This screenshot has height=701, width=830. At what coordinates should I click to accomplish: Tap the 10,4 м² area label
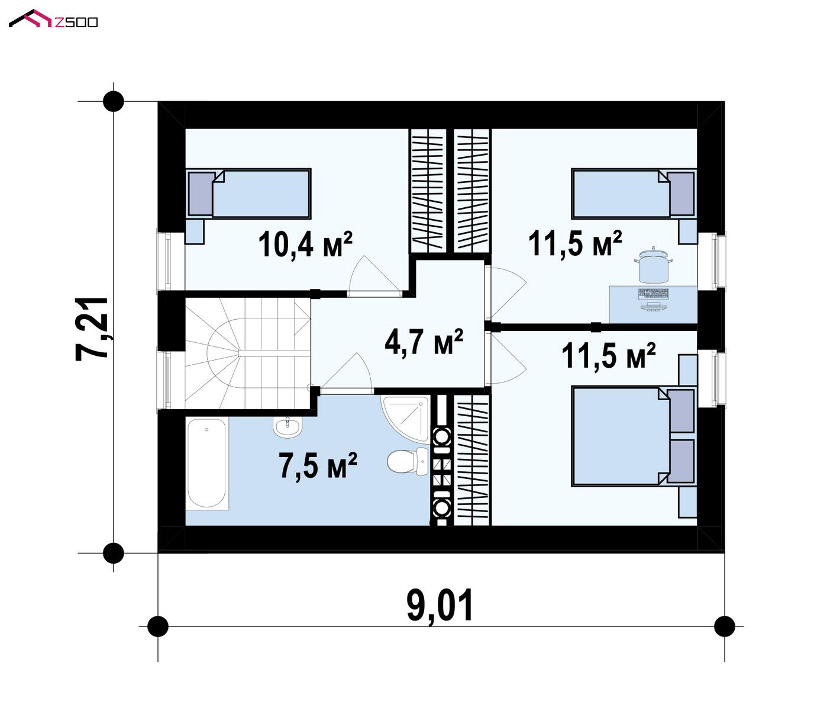coord(305,245)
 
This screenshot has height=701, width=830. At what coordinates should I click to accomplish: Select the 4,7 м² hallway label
coord(424,342)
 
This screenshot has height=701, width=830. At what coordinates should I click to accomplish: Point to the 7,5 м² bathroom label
coord(318,465)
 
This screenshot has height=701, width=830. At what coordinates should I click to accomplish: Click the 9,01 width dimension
coord(440,606)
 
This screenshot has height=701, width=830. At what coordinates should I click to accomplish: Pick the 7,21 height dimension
coord(92,329)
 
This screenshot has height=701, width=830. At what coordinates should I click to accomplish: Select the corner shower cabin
coord(405,418)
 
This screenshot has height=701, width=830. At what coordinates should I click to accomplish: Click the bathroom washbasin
coord(288,426)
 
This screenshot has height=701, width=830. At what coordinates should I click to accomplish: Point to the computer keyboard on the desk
coord(654,294)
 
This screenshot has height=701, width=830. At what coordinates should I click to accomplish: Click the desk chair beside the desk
coord(654,265)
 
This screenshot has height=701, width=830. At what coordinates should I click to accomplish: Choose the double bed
coord(634,436)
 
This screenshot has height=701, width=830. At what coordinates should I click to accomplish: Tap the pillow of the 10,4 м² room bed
coord(201,194)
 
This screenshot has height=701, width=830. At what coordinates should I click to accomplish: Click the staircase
coord(248,353)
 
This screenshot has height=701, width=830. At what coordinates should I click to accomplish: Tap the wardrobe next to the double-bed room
coord(472,460)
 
